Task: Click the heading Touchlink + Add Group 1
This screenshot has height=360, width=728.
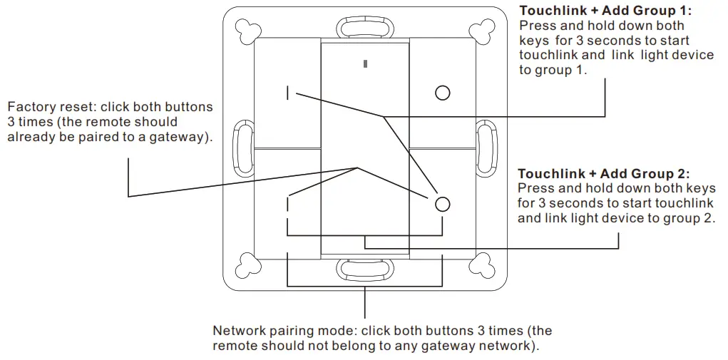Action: click(x=605, y=11)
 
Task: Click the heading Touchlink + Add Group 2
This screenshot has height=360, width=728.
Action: click(x=604, y=174)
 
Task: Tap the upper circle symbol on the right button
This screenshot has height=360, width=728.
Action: click(x=443, y=93)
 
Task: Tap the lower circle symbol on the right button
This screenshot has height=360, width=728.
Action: click(x=443, y=204)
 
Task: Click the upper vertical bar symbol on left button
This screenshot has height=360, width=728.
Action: click(x=288, y=93)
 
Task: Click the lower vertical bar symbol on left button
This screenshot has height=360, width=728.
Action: click(x=288, y=204)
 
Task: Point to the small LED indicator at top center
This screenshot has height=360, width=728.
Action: click(x=365, y=64)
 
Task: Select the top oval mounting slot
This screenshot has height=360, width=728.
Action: click(x=365, y=26)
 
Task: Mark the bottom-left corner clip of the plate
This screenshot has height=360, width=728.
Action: click(x=248, y=264)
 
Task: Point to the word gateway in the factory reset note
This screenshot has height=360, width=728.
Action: click(x=180, y=138)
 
